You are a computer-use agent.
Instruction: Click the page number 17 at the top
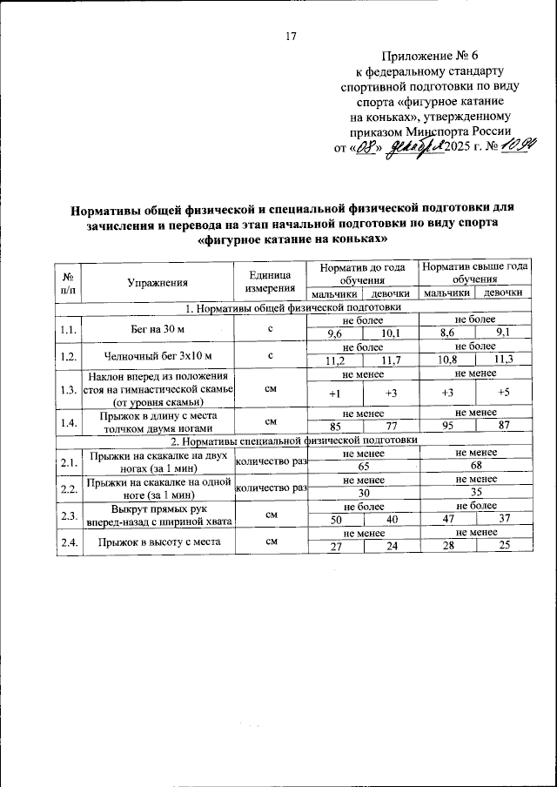tap(292, 36)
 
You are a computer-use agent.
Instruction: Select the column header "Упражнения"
tap(158, 282)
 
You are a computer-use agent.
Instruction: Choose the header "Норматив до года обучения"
tap(362, 274)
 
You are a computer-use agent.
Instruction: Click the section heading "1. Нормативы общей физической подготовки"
tap(292, 307)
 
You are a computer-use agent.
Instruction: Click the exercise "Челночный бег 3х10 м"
tap(158, 355)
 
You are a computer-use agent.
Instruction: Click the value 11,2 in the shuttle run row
tap(336, 361)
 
